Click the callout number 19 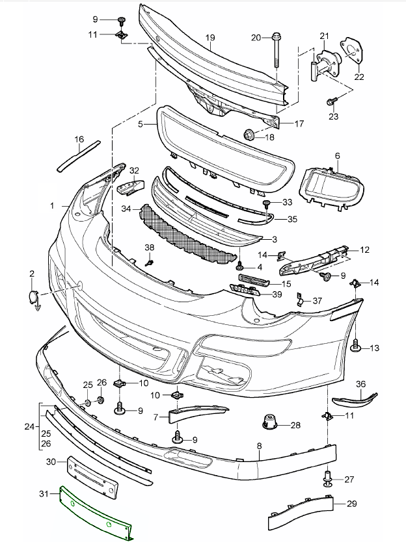(210, 38)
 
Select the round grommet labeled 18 (249, 135)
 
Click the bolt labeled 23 (331, 101)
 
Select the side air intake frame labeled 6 (331, 188)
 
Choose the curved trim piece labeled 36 (355, 399)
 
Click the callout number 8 (259, 446)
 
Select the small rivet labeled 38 (150, 263)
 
